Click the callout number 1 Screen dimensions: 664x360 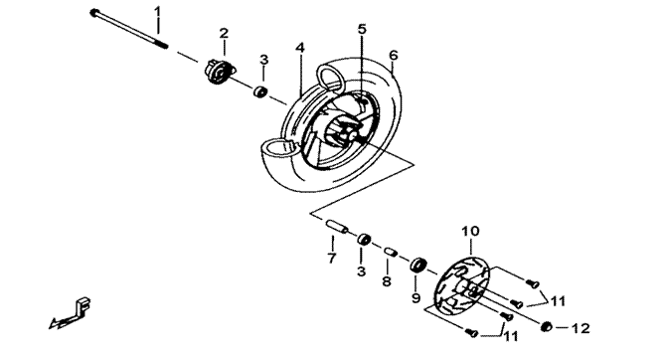(x=157, y=11)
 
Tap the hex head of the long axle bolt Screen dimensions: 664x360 (x=94, y=13)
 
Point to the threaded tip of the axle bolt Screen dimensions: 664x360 (x=162, y=43)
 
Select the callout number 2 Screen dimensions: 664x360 (x=224, y=33)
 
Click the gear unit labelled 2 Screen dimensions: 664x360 (x=220, y=73)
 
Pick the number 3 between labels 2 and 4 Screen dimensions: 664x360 (x=263, y=60)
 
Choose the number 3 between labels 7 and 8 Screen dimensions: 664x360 (x=361, y=271)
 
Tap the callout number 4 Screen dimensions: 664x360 (x=300, y=48)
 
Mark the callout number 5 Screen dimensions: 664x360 (x=362, y=29)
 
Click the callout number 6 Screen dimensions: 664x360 (x=394, y=55)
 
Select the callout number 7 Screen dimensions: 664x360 (x=332, y=258)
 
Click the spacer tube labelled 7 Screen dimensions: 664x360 (x=337, y=226)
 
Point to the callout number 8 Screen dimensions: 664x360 (x=387, y=281)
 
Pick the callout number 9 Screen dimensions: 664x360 (x=415, y=297)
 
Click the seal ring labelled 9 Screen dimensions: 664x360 (x=417, y=265)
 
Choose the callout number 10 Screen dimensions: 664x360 (x=470, y=232)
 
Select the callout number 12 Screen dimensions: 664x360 (x=581, y=328)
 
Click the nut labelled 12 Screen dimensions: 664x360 (x=547, y=326)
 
